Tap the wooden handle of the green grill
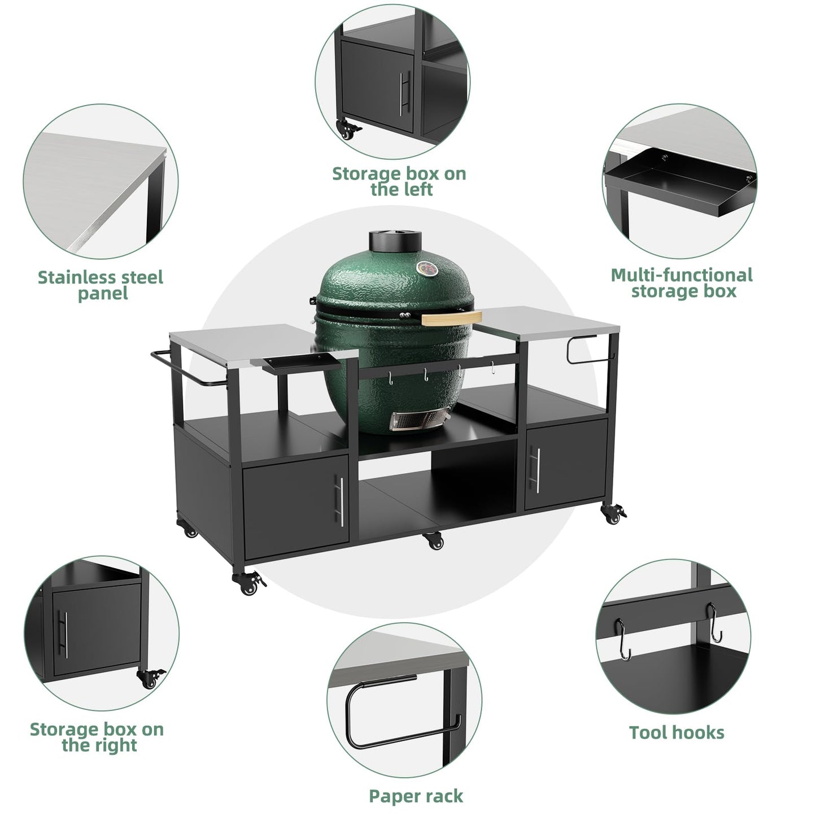[x=448, y=317]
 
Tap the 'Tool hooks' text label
[x=677, y=732]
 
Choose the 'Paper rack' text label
[x=416, y=796]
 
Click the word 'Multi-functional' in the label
[x=682, y=275]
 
